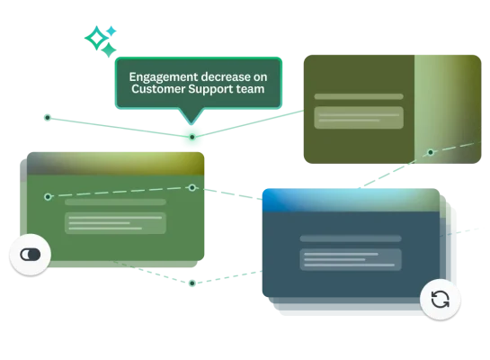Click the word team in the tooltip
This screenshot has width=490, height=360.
click(254, 90)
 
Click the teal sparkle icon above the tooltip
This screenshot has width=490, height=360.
click(99, 39)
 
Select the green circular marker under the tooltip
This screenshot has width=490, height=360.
click(192, 137)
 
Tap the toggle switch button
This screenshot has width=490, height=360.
click(31, 255)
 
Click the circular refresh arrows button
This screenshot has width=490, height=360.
click(440, 299)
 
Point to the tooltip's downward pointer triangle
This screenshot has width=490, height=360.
click(190, 117)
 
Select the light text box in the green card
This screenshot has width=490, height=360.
click(115, 222)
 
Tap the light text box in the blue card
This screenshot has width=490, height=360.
click(351, 259)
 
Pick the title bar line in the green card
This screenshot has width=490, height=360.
click(115, 202)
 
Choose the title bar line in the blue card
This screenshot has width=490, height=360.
click(351, 238)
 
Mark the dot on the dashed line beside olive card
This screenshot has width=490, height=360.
click(430, 152)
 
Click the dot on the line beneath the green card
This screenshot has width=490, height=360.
click(192, 283)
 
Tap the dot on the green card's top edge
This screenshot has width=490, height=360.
click(192, 187)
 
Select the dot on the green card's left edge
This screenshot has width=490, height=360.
click(48, 196)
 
